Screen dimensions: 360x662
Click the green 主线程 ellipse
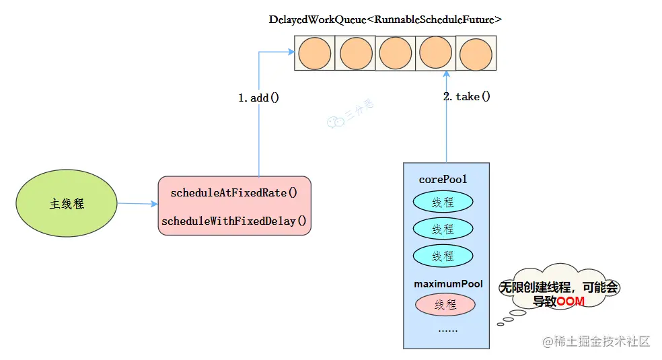pos(67,203)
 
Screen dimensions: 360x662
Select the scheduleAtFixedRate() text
pos(234,192)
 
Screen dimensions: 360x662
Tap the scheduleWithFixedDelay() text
pos(234,221)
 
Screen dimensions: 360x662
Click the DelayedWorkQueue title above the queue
pos(385,20)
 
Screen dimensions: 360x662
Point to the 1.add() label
pos(258,98)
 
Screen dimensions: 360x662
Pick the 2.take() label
pos(467,96)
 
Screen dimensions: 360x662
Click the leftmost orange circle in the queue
pos(315,53)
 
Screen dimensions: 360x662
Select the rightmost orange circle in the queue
pos(476,53)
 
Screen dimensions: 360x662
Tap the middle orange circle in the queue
pos(396,53)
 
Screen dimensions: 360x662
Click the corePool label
pos(443,180)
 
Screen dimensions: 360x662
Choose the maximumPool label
pos(448,285)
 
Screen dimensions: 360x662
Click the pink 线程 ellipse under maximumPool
pos(445,305)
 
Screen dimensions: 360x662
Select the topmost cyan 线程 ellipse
pos(443,202)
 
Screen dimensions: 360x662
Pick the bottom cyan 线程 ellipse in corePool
pos(443,256)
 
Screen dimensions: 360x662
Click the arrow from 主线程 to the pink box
pos(137,203)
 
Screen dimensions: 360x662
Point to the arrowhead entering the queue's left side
pos(291,52)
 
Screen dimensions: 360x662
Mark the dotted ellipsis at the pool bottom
pos(448,330)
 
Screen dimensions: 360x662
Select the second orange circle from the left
pos(355,53)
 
